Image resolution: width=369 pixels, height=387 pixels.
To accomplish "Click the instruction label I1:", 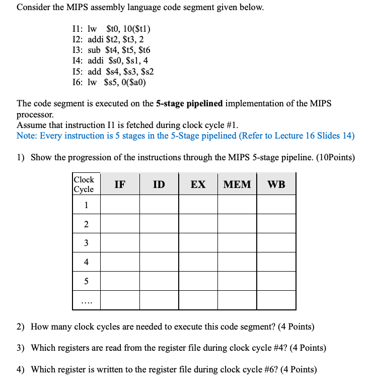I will click(78, 28).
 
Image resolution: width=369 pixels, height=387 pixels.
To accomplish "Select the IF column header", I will click(120, 184).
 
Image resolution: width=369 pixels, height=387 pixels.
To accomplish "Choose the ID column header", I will click(159, 184).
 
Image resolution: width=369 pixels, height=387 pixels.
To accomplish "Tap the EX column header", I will click(198, 184).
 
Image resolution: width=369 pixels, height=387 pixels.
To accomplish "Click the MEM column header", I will click(237, 184).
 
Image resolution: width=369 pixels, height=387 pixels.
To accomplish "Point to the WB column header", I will click(276, 184).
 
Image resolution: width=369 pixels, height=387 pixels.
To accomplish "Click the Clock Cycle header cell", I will click(84, 184).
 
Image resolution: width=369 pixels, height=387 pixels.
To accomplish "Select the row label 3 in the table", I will click(86, 242).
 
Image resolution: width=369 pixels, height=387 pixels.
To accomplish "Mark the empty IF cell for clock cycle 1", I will click(120, 205).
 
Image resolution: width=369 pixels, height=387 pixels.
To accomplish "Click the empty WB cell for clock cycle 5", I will click(276, 281).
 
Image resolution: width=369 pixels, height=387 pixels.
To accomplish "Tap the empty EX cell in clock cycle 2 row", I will click(198, 224).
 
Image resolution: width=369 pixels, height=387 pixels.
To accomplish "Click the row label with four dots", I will click(86, 301).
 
